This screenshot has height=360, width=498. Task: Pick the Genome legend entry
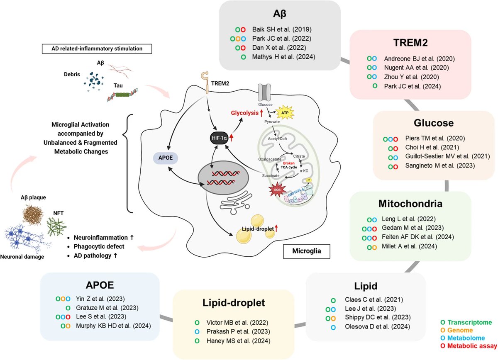tap(459, 330)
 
